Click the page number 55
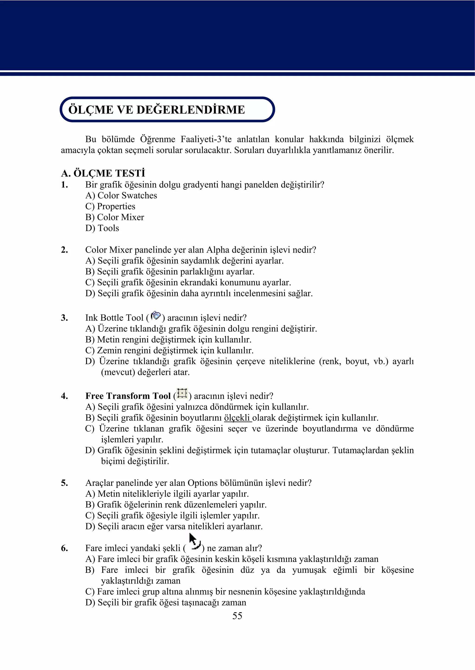237,616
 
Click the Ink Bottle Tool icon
156,316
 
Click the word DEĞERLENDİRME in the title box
190,110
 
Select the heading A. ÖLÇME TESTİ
103,173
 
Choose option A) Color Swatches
121,195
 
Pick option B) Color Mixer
115,217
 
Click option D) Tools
102,228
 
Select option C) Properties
110,206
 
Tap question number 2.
64,250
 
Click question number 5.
64,483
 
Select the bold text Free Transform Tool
128,396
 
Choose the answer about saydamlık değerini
184,261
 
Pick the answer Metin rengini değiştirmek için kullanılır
168,340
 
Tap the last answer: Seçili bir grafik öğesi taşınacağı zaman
166,603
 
